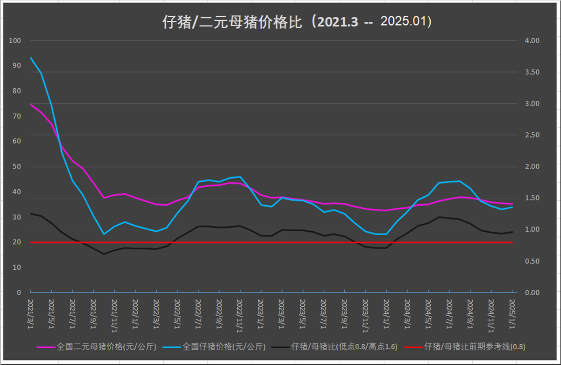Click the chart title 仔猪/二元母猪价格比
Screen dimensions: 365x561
[234, 22]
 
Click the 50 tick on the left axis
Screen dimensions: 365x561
[17, 167]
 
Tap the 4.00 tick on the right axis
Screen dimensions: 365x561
[528, 41]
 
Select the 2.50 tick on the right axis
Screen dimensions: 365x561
[528, 135]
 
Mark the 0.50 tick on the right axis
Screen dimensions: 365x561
[528, 261]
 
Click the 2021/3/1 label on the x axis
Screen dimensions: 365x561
[30, 313]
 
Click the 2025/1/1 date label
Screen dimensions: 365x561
[512, 313]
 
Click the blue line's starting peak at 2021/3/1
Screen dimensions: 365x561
[30, 57]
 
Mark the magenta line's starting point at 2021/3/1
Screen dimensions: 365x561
[30, 105]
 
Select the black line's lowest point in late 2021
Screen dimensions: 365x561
[104, 254]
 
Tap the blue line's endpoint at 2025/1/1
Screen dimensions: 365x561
[512, 207]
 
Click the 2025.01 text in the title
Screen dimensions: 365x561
[406, 22]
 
